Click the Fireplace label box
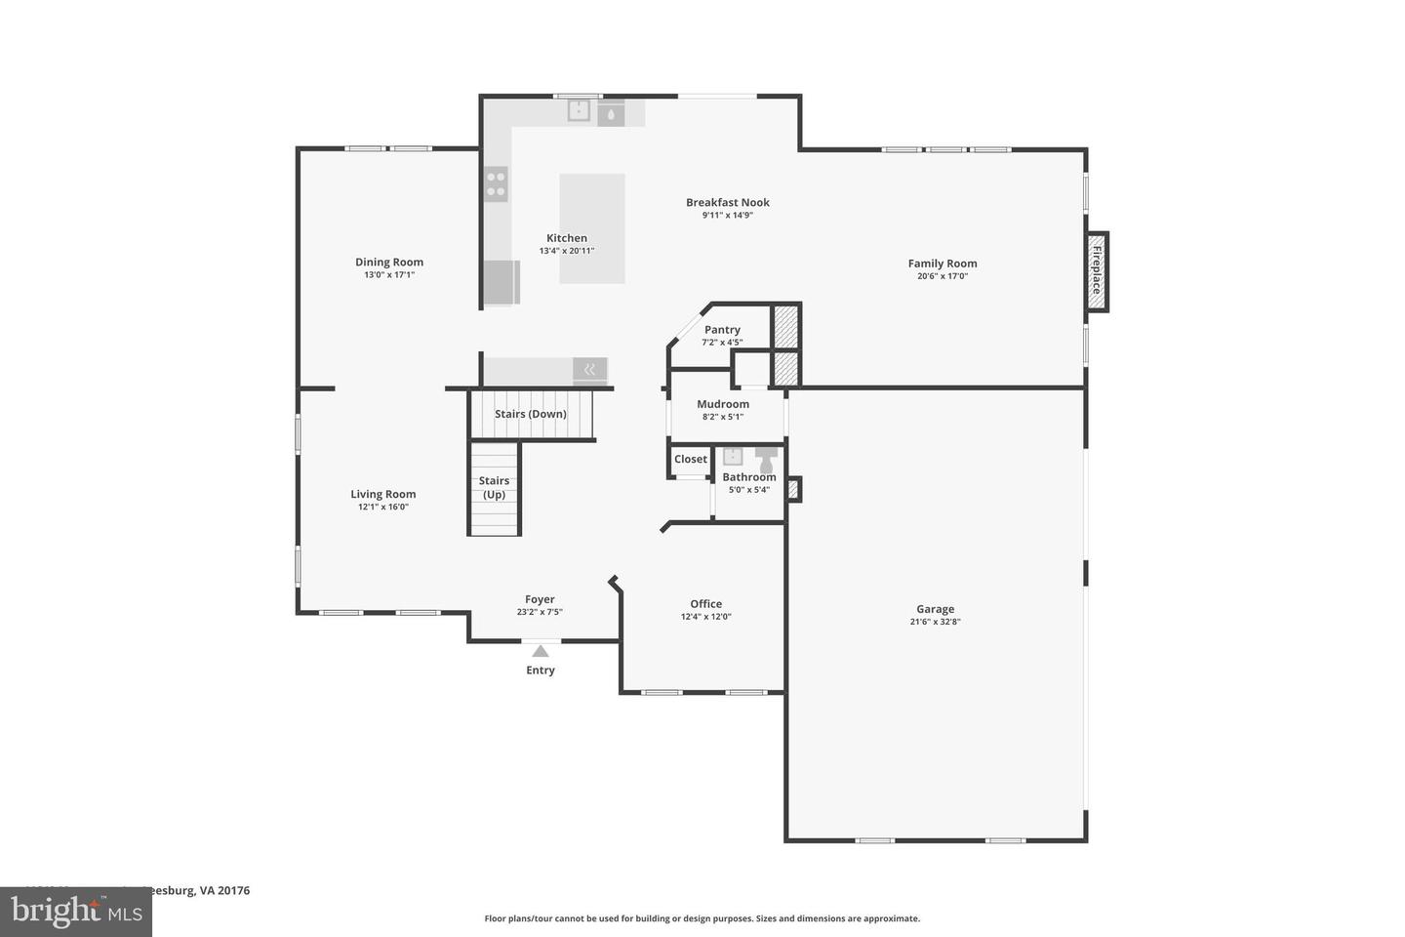1098,271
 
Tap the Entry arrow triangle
540,651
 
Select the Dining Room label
389,262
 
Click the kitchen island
592,228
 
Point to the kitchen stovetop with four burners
497,184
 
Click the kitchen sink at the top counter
580,111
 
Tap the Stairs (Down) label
531,414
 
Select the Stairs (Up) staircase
495,488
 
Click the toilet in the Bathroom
766,459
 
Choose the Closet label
691,459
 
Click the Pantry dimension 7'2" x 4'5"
722,343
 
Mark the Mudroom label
723,404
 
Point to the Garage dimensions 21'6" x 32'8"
935,622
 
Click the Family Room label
943,263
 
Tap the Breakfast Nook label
728,202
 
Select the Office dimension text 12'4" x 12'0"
706,617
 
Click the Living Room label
383,494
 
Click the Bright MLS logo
76,912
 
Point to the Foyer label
540,599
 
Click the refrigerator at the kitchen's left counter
502,282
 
